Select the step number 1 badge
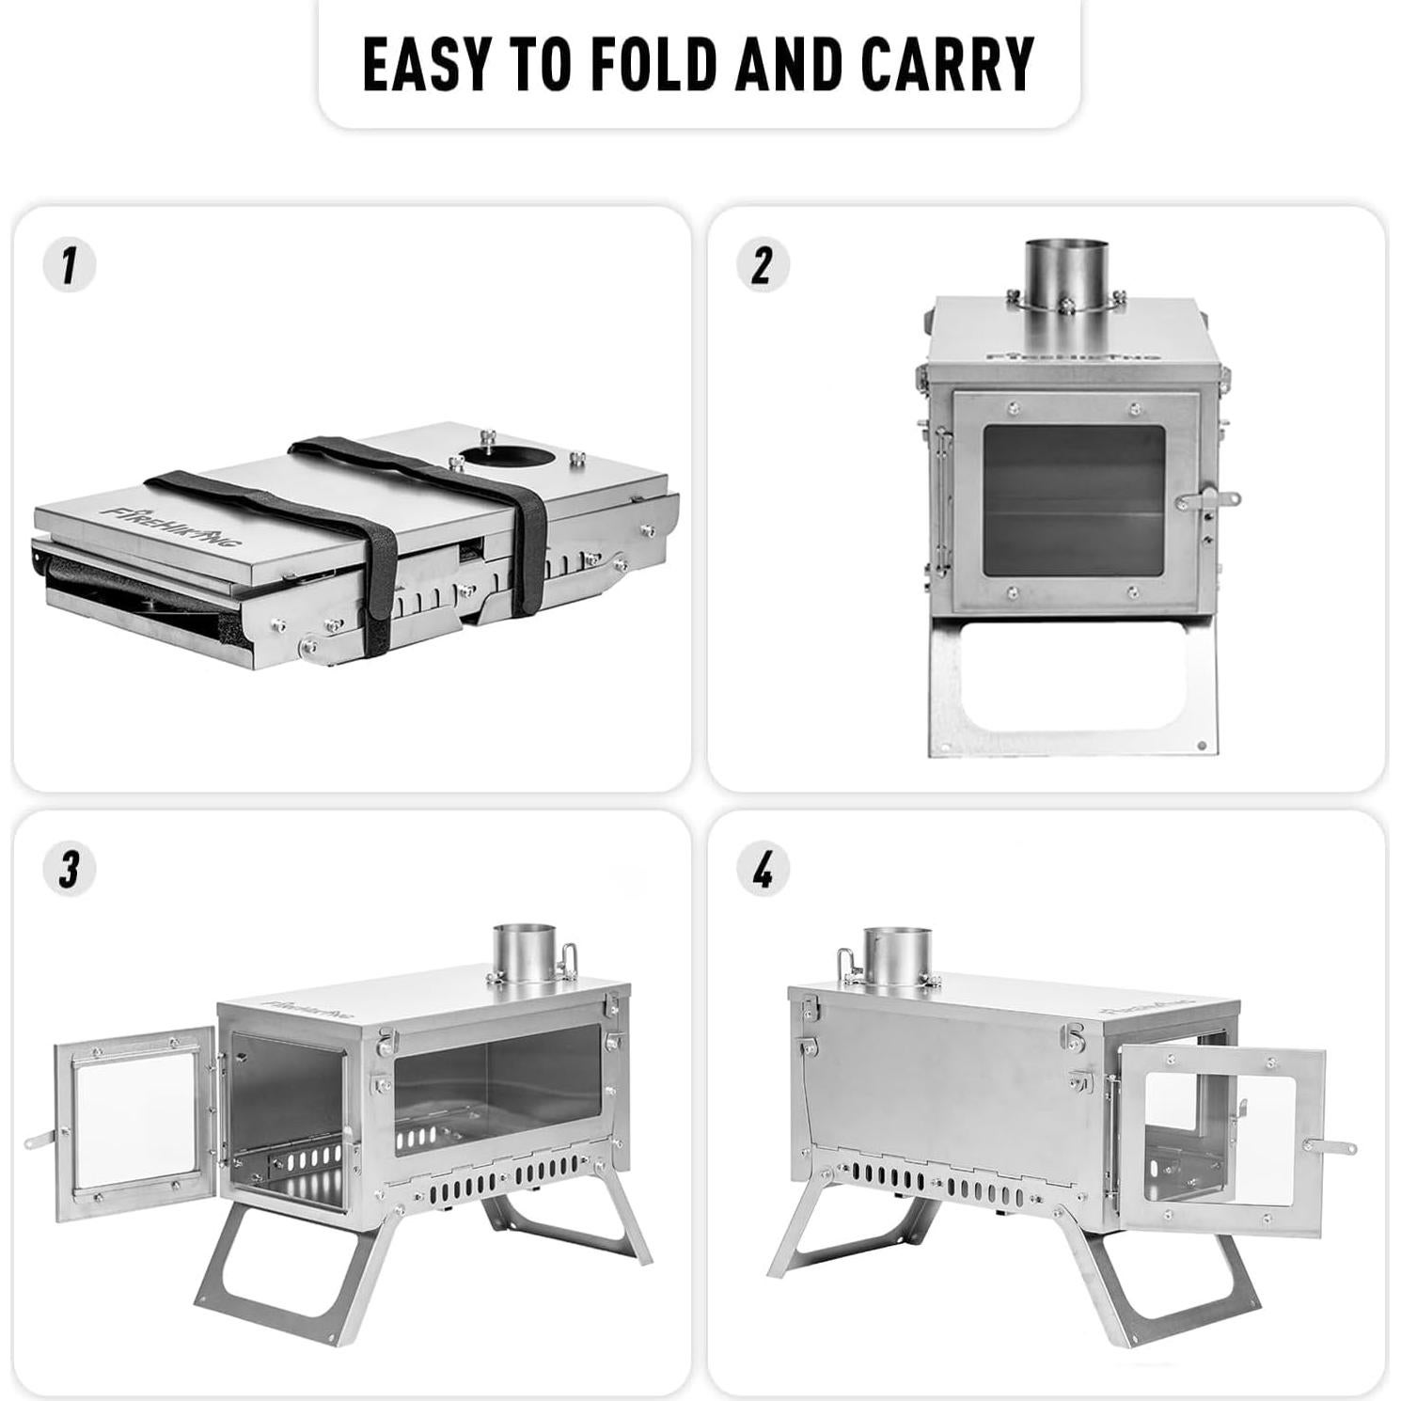point(70,265)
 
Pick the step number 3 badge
point(70,869)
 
